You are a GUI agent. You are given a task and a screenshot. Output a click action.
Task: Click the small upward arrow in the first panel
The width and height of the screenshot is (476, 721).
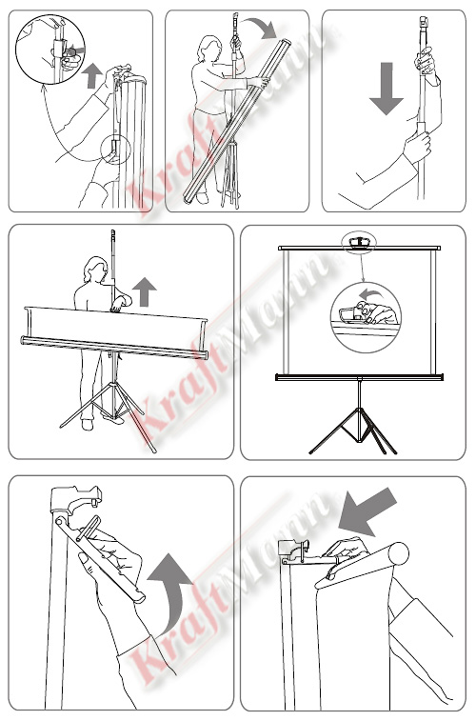click(x=93, y=76)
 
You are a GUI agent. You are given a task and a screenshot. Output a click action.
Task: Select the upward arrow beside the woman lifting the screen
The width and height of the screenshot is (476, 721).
click(x=145, y=291)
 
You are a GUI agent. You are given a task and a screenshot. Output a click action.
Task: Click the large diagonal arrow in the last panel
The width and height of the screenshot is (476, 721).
click(x=367, y=511)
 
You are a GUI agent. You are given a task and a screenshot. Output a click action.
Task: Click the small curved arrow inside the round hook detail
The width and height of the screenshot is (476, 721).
click(x=370, y=293)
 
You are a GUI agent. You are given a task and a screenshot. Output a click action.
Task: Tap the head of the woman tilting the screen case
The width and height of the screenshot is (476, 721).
click(x=210, y=48)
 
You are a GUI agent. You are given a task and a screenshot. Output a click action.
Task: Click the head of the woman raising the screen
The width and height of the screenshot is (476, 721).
click(x=95, y=268)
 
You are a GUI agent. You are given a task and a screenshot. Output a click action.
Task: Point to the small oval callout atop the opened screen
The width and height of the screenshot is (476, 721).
click(x=359, y=242)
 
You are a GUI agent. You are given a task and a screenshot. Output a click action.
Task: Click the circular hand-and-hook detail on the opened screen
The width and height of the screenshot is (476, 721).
click(x=366, y=317)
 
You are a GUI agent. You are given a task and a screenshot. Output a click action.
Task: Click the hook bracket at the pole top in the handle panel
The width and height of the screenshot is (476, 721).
click(x=75, y=498)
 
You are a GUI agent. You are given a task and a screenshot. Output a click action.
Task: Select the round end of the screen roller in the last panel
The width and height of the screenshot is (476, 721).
click(x=398, y=553)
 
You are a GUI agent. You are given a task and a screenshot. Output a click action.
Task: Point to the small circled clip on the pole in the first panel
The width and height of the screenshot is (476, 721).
click(x=115, y=150)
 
